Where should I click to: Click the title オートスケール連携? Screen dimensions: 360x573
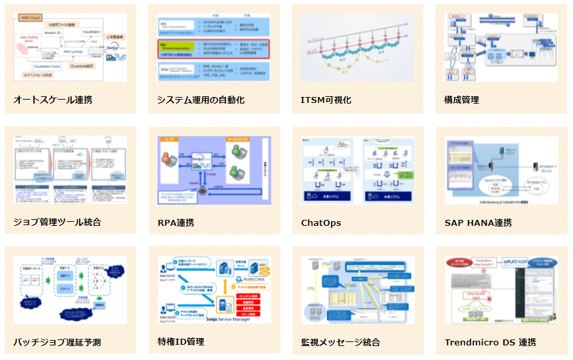[53, 100]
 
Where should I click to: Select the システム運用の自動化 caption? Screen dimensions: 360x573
[201, 100]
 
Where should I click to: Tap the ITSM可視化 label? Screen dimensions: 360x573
[326, 100]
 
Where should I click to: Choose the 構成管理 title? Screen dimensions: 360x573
[461, 100]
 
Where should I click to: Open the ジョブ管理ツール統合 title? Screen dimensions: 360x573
[57, 222]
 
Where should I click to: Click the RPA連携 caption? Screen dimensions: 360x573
[175, 222]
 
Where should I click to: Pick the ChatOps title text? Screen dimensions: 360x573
[321, 222]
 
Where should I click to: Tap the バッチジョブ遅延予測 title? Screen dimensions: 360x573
[57, 343]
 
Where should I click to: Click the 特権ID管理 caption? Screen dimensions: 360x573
[181, 342]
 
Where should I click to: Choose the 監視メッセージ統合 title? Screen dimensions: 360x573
[340, 343]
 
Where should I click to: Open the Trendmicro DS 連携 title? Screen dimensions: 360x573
[491, 343]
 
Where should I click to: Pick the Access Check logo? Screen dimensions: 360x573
[251, 280]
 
